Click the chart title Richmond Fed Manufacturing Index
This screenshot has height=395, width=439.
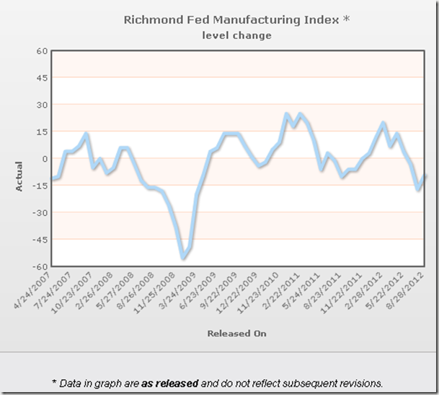tap(231, 19)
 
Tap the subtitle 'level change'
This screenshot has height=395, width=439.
tap(237, 35)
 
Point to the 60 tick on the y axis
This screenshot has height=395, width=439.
tap(40, 51)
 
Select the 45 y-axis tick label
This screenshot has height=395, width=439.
tap(40, 78)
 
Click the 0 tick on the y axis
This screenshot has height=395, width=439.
tap(43, 159)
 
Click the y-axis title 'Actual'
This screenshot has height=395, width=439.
tap(19, 175)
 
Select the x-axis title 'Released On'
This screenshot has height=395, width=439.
tap(236, 334)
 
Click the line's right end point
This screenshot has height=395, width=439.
tap(425, 175)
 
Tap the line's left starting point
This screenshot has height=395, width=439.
tap(52, 178)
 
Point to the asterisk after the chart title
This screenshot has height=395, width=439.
tap(346, 18)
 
